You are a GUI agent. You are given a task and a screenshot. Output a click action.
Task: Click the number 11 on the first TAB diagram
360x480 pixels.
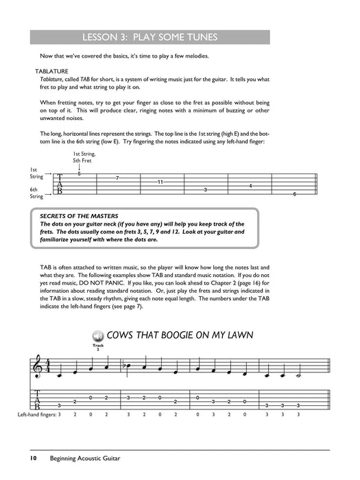point(160,182)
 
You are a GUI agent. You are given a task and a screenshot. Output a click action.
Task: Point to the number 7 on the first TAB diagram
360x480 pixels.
point(117,178)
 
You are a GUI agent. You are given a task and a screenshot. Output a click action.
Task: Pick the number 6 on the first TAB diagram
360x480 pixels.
point(294,195)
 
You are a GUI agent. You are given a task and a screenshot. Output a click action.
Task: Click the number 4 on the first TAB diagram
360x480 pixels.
point(250,186)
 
